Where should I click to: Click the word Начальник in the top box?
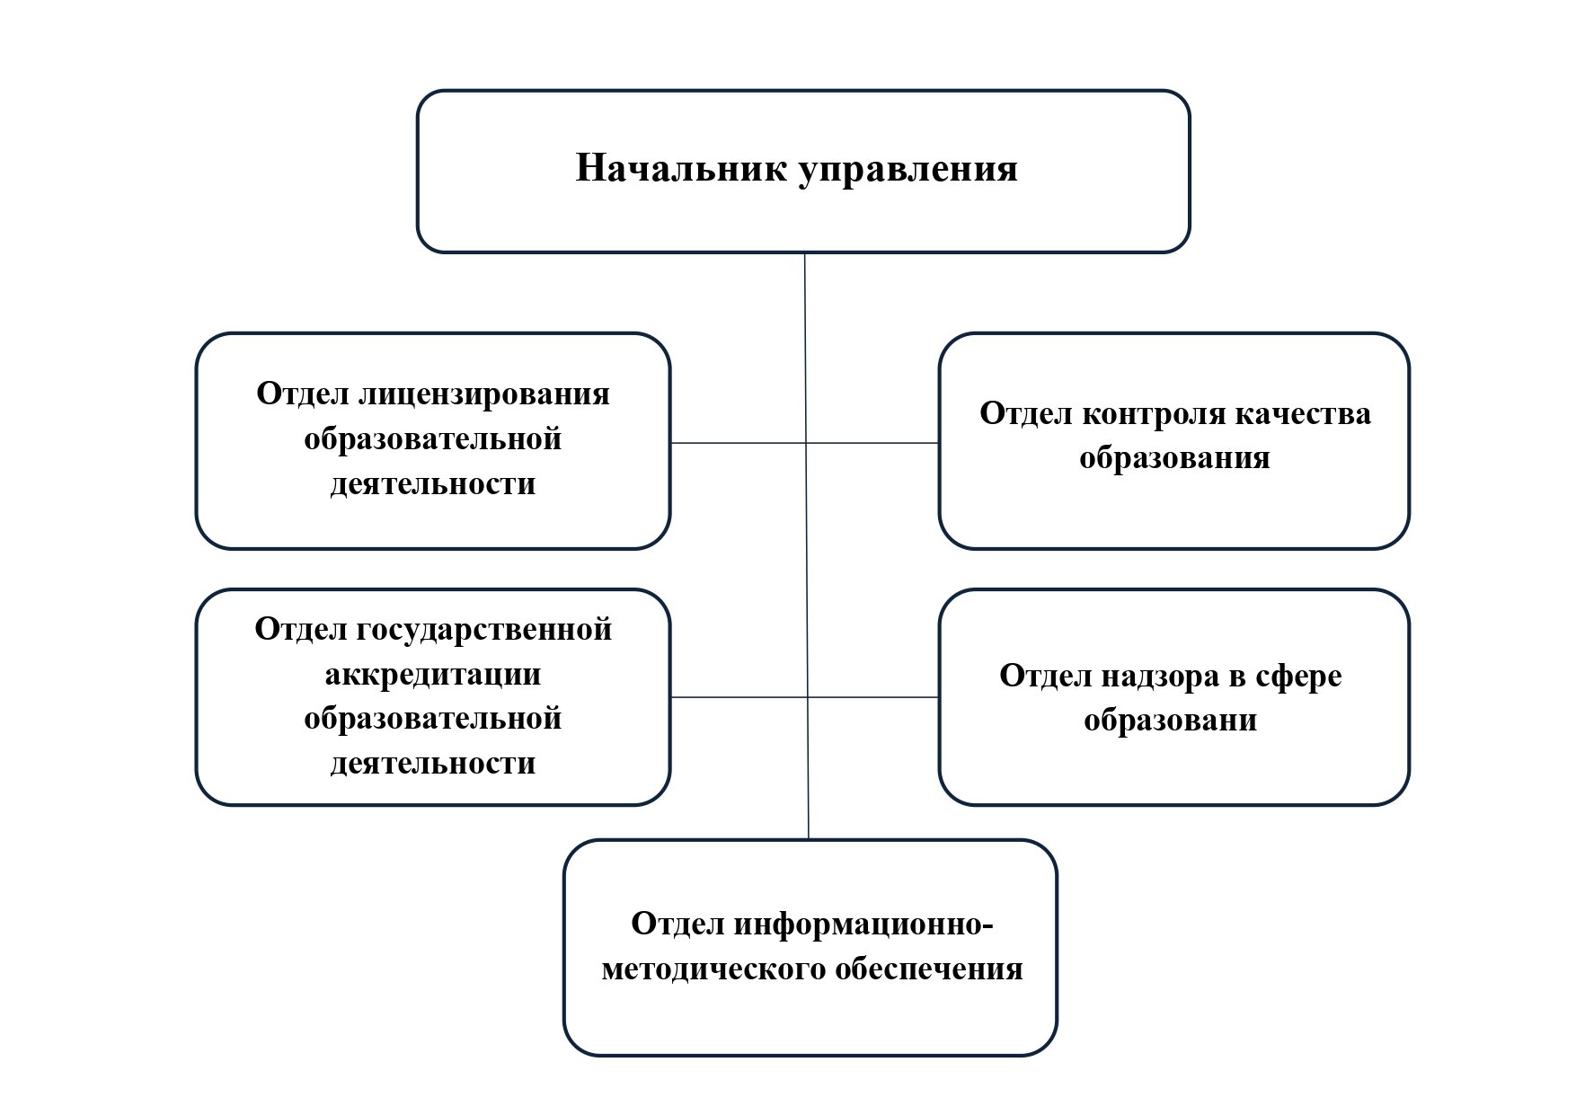[682, 168]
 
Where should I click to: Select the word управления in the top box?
[908, 171]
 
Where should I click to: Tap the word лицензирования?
[485, 395]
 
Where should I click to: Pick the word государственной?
[486, 630]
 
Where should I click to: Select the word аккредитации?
[433, 675]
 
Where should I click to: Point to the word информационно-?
[863, 925]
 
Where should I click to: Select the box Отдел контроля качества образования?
[1174, 441]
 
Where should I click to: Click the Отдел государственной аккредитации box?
[433, 697]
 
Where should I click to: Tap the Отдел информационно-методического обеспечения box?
[810, 948]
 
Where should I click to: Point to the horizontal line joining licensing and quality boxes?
[805, 443]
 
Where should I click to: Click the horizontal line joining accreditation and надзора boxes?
[805, 697]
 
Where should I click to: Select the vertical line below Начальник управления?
[806, 546]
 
